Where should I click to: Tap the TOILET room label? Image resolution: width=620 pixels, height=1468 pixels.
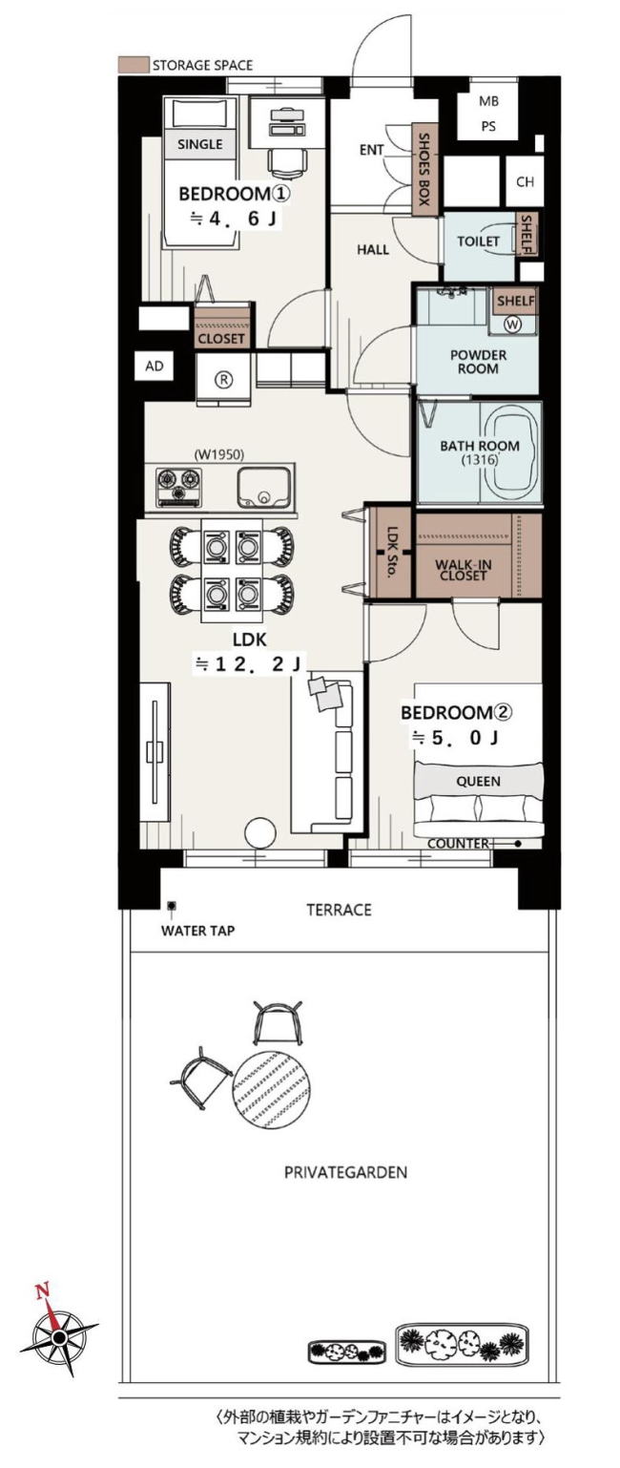pyautogui.click(x=478, y=241)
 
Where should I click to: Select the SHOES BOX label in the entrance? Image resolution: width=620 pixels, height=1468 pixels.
pyautogui.click(x=424, y=169)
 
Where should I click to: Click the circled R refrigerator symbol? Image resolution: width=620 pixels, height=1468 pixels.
pyautogui.click(x=223, y=380)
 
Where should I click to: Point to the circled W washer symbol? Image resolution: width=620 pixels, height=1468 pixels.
pyautogui.click(x=513, y=323)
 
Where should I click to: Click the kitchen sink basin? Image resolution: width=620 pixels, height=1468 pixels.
pyautogui.click(x=263, y=487)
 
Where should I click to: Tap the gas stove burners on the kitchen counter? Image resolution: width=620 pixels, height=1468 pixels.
pyautogui.click(x=178, y=487)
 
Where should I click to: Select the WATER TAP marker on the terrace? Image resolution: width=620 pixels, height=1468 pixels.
pyautogui.click(x=172, y=906)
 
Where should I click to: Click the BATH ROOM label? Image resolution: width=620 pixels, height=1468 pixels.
pyautogui.click(x=479, y=446)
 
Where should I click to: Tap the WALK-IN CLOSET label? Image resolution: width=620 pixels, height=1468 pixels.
pyautogui.click(x=464, y=570)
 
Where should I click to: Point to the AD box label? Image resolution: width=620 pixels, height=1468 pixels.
pyautogui.click(x=155, y=366)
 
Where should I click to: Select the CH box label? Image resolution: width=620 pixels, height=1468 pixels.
pyautogui.click(x=525, y=181)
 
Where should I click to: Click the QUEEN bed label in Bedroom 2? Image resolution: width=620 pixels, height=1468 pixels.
pyautogui.click(x=478, y=781)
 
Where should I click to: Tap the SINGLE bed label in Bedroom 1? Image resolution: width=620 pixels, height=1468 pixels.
pyautogui.click(x=200, y=144)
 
